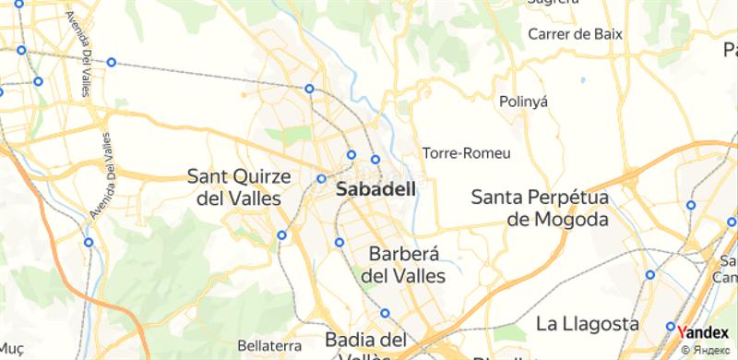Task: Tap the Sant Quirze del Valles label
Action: (x=240, y=186)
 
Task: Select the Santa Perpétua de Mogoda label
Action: (x=552, y=209)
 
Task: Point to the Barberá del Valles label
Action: (x=407, y=264)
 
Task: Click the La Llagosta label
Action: (x=588, y=324)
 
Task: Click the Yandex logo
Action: (x=707, y=332)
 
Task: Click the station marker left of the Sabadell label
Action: (x=321, y=179)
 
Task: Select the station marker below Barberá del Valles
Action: (x=386, y=313)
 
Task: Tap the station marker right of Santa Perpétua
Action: (x=691, y=206)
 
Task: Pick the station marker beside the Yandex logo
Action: (x=672, y=327)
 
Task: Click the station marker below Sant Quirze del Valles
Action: (x=281, y=235)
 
